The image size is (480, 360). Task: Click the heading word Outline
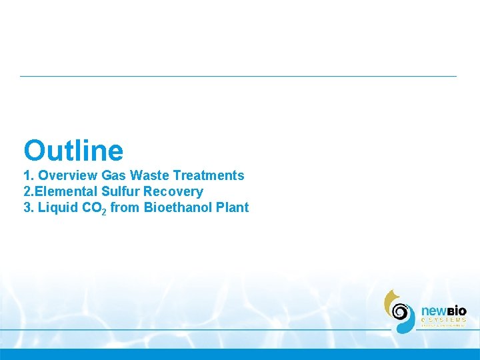pos(73,151)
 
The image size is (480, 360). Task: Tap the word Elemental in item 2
pos(67,191)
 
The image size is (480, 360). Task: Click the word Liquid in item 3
pos(57,207)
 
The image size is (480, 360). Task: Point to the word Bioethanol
pos(177,207)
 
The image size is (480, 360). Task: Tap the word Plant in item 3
pos(231,207)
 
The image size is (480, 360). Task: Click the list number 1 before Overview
pos(27,175)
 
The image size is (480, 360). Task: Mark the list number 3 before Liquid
pos(27,207)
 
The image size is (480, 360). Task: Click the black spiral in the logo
pos(400,311)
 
